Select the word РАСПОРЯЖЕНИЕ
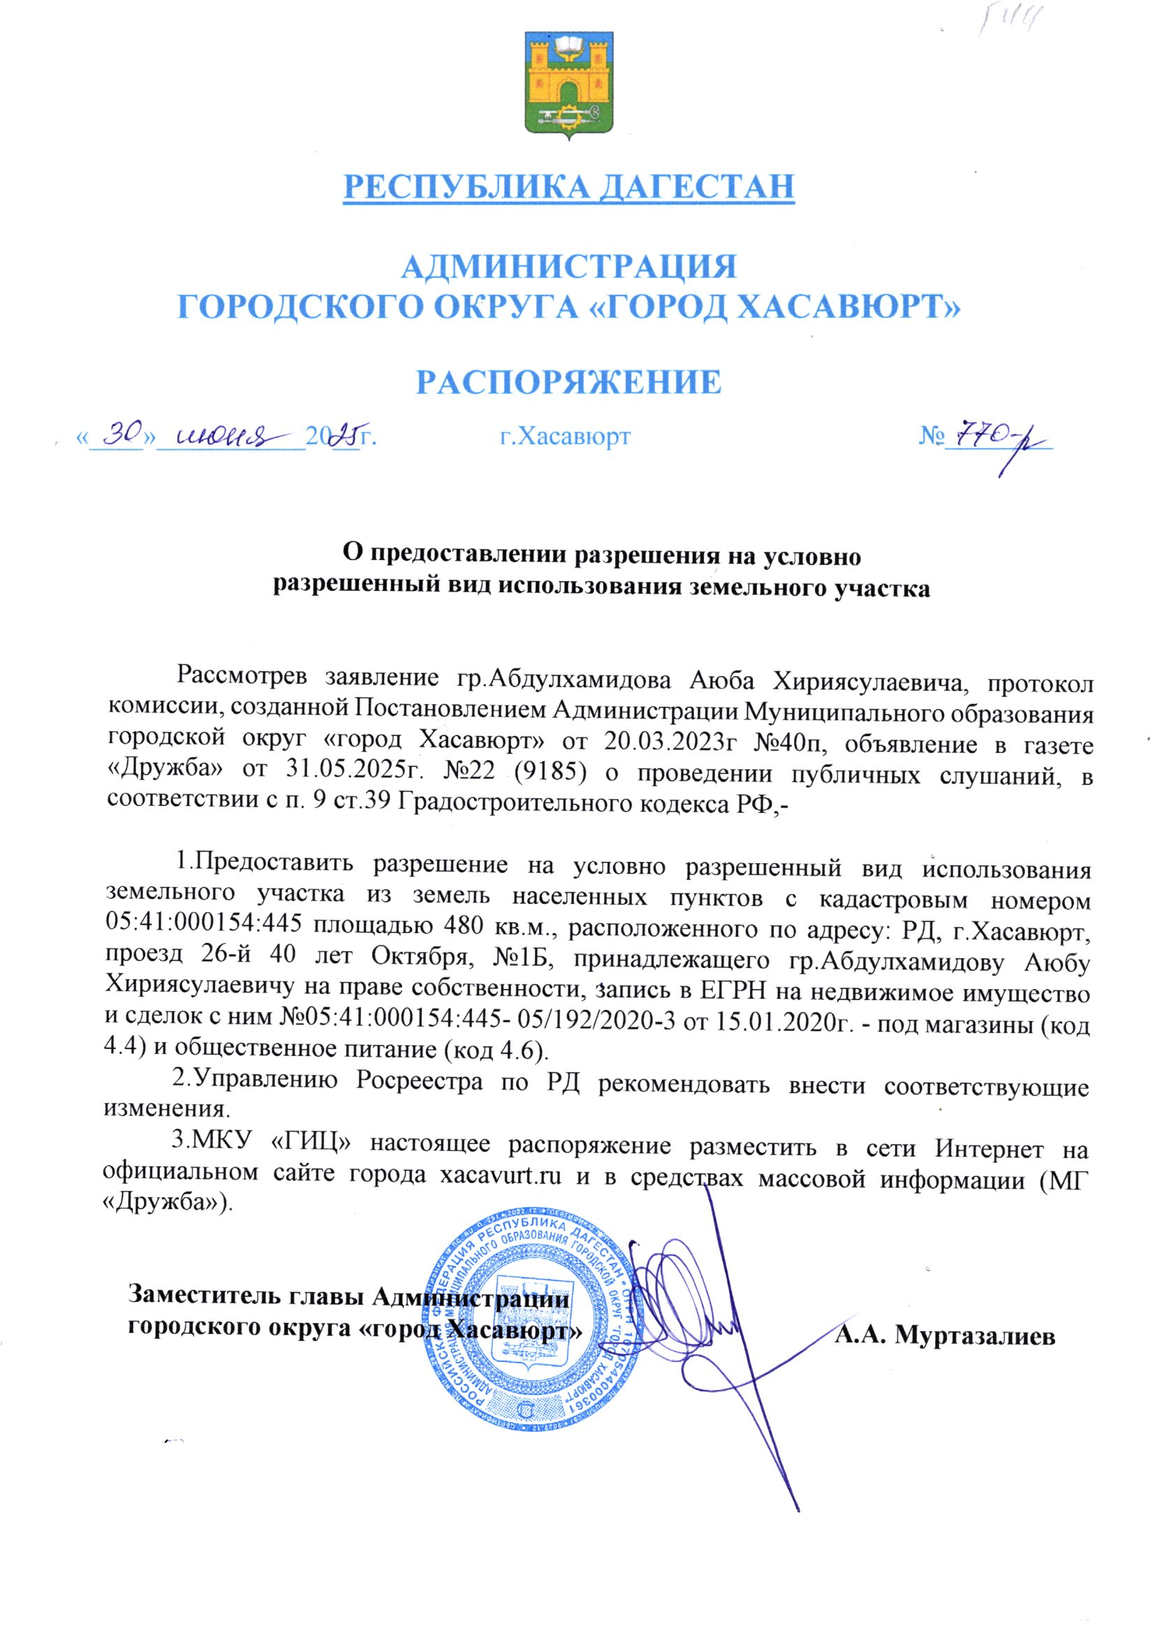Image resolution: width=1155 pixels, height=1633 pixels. [568, 382]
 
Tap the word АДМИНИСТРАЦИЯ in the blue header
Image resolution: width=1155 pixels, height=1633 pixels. [568, 268]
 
